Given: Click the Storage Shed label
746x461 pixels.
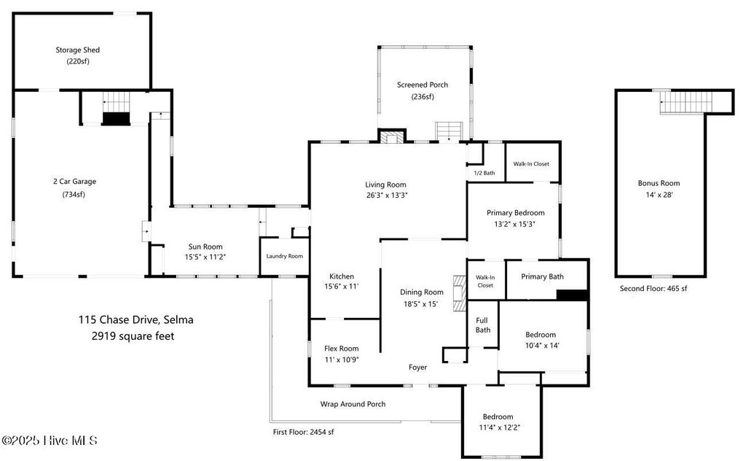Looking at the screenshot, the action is click(x=77, y=50).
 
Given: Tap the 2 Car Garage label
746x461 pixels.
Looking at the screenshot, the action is click(x=75, y=182).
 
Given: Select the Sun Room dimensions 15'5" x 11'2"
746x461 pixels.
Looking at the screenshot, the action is click(x=205, y=257).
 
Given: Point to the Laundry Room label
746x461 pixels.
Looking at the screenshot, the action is click(x=285, y=256).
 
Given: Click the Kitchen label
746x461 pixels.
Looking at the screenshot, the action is click(x=342, y=276).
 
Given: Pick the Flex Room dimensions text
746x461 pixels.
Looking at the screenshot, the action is click(x=342, y=360).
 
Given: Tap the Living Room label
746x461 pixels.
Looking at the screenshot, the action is click(x=386, y=185).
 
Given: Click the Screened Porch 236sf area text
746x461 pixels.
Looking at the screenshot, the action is click(x=423, y=97).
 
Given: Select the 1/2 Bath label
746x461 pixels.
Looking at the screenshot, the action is click(x=484, y=173).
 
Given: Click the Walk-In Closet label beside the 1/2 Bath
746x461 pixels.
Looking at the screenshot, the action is click(x=531, y=164).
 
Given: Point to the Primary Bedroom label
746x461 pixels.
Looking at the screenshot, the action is click(x=516, y=213).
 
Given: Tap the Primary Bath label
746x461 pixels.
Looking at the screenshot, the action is click(x=542, y=276).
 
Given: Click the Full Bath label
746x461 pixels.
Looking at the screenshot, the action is click(x=482, y=325).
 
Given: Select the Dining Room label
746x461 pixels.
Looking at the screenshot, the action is click(x=422, y=293).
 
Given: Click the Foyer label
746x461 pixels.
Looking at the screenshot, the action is click(x=417, y=367).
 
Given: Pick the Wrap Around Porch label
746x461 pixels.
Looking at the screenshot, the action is click(x=353, y=404).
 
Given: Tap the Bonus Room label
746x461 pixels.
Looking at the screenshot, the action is click(x=659, y=183).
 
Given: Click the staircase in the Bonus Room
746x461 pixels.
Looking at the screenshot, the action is click(x=686, y=102).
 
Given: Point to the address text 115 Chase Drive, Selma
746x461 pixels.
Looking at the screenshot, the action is click(x=136, y=319).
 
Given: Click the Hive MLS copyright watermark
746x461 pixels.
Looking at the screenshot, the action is click(x=50, y=441).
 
